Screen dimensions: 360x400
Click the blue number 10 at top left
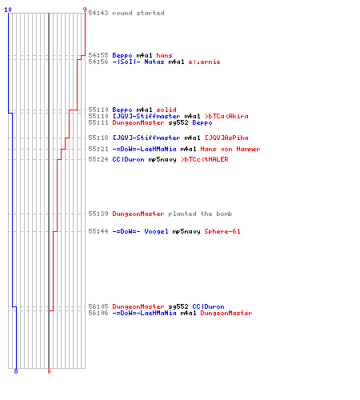pos(8,10)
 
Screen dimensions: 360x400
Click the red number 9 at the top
pos(85,10)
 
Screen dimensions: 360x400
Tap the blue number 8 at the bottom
pos(16,371)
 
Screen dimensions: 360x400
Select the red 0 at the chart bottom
pos(49,371)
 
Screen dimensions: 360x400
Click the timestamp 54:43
pos(98,13)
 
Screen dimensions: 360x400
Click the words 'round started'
pos(138,13)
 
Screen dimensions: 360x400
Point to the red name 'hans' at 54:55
pos(164,55)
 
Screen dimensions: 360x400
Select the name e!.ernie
pos(204,62)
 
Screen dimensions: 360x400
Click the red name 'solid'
pos(166,110)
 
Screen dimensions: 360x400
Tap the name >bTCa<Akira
pos(226,116)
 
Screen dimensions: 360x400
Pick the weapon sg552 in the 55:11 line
pos(178,122)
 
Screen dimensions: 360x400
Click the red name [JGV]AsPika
pos(226,138)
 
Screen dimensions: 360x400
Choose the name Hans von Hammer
pos(230,149)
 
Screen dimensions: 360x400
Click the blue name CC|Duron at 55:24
pos(128,159)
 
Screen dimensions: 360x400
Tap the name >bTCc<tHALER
pos(205,159)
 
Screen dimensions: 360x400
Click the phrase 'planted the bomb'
pos(200,214)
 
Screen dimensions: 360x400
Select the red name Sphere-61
pos(222,231)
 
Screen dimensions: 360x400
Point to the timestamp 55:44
pos(98,231)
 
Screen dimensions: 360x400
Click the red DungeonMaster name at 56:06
pos(226,313)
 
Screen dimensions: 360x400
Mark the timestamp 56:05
pos(98,306)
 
